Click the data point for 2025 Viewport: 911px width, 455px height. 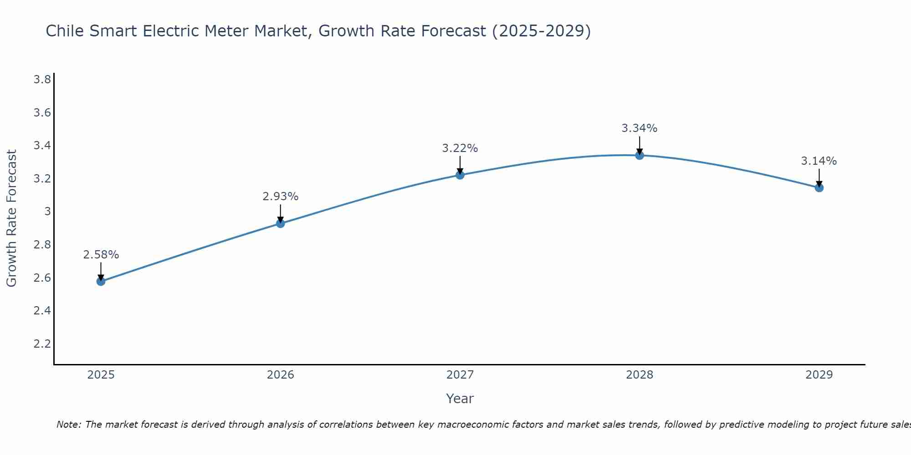pyautogui.click(x=101, y=281)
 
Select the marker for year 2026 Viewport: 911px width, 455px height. pyautogui.click(x=281, y=223)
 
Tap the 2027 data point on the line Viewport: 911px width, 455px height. pyautogui.click(x=460, y=175)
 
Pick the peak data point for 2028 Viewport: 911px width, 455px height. pyautogui.click(x=640, y=155)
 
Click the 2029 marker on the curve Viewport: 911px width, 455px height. pyautogui.click(x=819, y=187)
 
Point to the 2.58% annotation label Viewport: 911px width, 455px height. pyautogui.click(x=101, y=255)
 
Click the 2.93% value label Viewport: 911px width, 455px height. pyautogui.click(x=280, y=197)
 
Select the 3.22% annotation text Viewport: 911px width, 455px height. pyautogui.click(x=460, y=148)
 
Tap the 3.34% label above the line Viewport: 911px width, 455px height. pyautogui.click(x=640, y=128)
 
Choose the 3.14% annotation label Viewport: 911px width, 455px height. pyautogui.click(x=819, y=161)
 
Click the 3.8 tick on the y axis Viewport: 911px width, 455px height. pyautogui.click(x=42, y=80)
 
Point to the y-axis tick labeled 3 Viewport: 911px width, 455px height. pyautogui.click(x=47, y=212)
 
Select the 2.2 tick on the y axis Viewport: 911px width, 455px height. pyautogui.click(x=42, y=344)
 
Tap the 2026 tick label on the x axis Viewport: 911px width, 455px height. pyautogui.click(x=280, y=375)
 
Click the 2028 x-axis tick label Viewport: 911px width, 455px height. pyautogui.click(x=640, y=375)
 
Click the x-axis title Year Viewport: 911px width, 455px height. pyautogui.click(x=460, y=399)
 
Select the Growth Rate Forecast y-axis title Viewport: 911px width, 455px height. pyautogui.click(x=11, y=218)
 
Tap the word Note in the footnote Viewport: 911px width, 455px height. pyautogui.click(x=68, y=425)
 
